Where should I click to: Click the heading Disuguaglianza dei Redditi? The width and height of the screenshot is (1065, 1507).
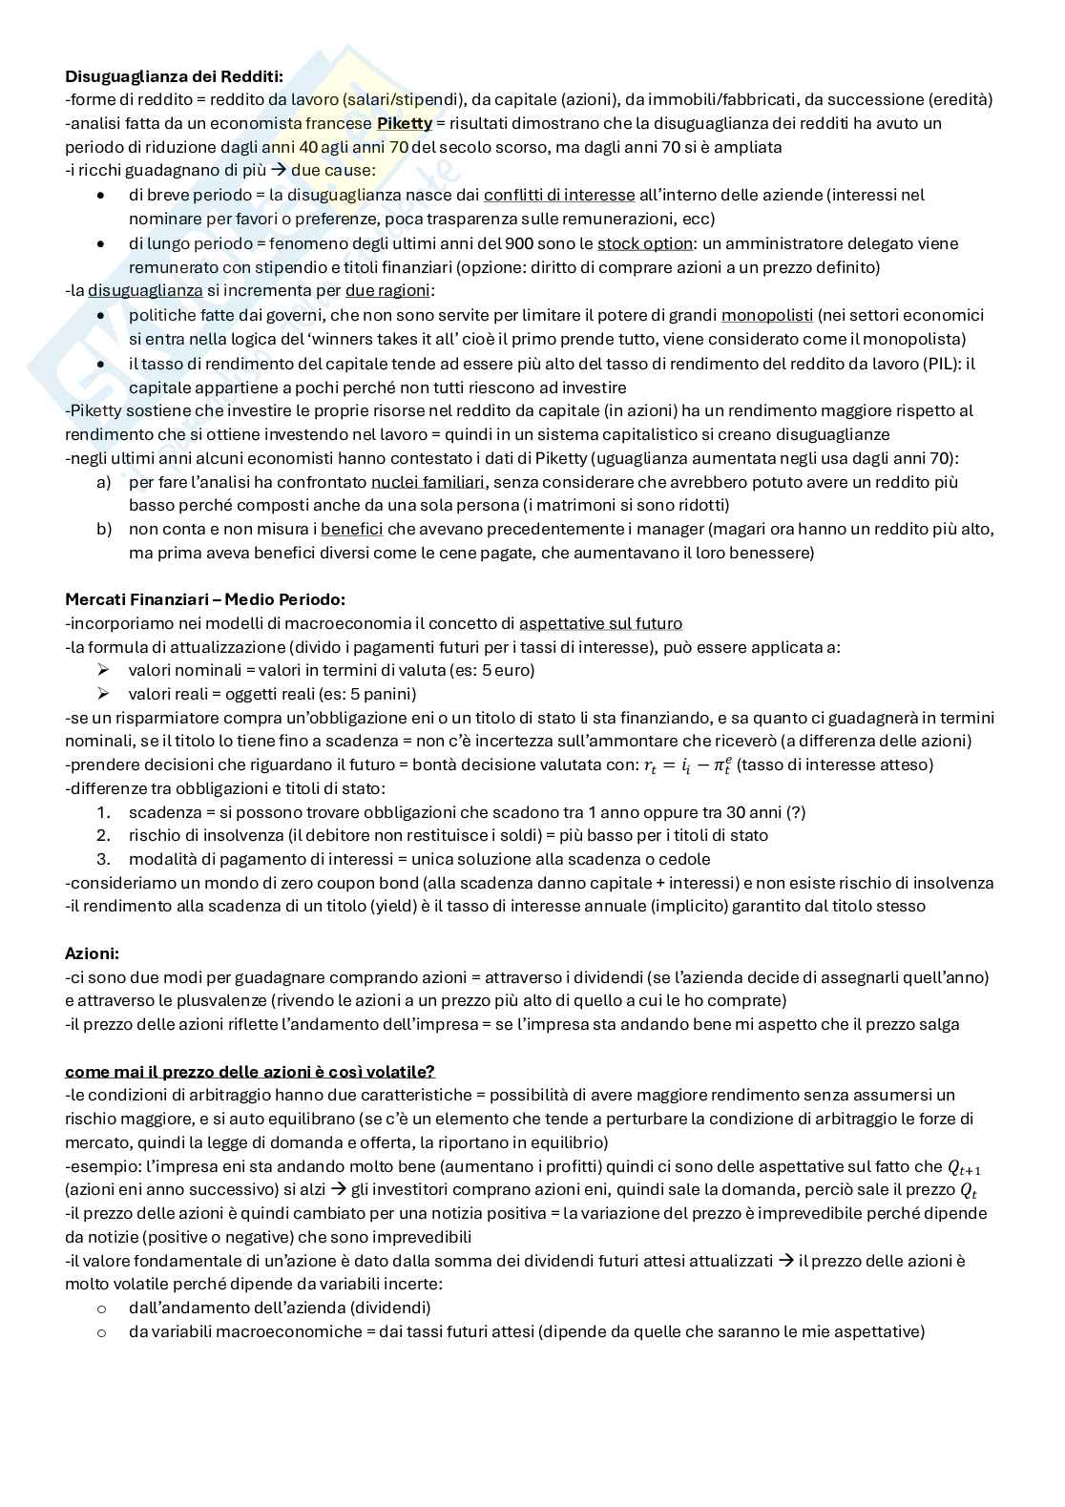pyautogui.click(x=174, y=75)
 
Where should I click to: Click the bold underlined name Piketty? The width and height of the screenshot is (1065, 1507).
pyautogui.click(x=404, y=123)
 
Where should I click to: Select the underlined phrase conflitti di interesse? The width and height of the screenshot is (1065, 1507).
pyautogui.click(x=558, y=195)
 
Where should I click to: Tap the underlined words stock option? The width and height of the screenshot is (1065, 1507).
pyautogui.click(x=644, y=243)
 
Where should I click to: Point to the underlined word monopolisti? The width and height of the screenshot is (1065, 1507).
pyautogui.click(x=766, y=315)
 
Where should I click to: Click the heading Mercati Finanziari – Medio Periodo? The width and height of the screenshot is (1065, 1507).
pyautogui.click(x=204, y=599)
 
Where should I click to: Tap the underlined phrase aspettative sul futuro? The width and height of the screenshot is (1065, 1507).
pyautogui.click(x=600, y=623)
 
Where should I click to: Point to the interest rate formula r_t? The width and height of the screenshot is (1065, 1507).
pyautogui.click(x=685, y=765)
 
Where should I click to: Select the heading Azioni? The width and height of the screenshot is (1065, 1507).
pyautogui.click(x=92, y=953)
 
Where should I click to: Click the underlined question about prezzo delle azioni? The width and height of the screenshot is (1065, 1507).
pyautogui.click(x=250, y=1071)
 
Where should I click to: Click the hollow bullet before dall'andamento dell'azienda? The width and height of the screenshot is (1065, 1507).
pyautogui.click(x=102, y=1308)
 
